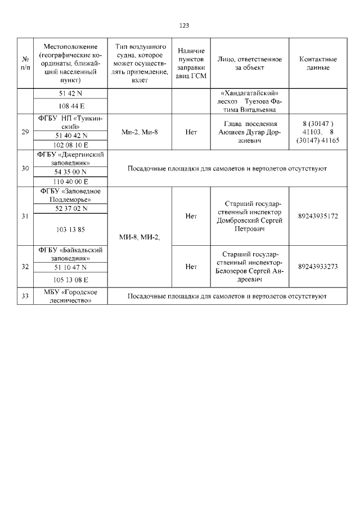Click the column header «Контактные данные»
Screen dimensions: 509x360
tap(318, 63)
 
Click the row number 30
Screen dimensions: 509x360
tap(25, 168)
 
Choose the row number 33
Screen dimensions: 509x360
tap(25, 296)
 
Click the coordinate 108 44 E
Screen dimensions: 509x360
tap(70, 106)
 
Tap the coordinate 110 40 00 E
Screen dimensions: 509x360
tap(70, 182)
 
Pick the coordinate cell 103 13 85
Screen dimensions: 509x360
tap(70, 229)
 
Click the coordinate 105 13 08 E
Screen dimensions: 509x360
tap(70, 278)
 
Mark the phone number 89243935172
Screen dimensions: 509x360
tap(318, 216)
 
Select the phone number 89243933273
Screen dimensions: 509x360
tap(318, 266)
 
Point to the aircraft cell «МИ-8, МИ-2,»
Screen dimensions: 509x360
tap(139, 237)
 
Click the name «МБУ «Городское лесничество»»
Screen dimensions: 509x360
tap(70, 296)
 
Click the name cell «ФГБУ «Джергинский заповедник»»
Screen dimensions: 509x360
tap(70, 158)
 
